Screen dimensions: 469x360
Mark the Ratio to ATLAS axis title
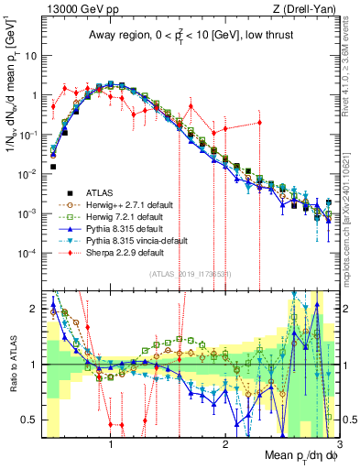tap(12, 365)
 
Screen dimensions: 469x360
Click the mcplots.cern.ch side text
tap(351, 220)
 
